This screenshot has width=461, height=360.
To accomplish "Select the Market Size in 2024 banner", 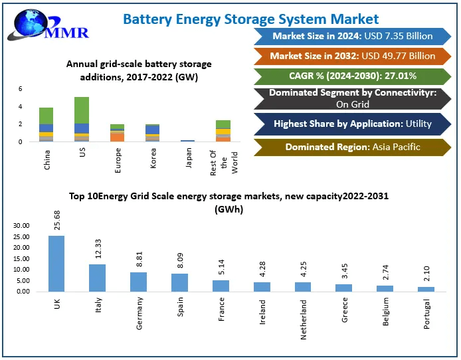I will (x=352, y=37).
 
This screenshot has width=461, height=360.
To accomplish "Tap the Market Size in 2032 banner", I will (x=352, y=56).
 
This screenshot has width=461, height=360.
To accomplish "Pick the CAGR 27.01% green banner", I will (x=352, y=76).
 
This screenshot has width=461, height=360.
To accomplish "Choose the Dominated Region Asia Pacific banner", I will (x=352, y=147).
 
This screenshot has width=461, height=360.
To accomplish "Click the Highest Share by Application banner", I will (x=352, y=124).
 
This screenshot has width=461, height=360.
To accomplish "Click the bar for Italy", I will (x=97, y=278).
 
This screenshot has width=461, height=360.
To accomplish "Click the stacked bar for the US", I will (x=82, y=120).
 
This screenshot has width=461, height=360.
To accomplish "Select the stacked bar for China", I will (x=46, y=125).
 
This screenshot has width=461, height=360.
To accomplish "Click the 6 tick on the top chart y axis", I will (x=20, y=88).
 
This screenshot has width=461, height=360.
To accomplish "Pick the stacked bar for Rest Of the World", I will (x=223, y=131).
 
